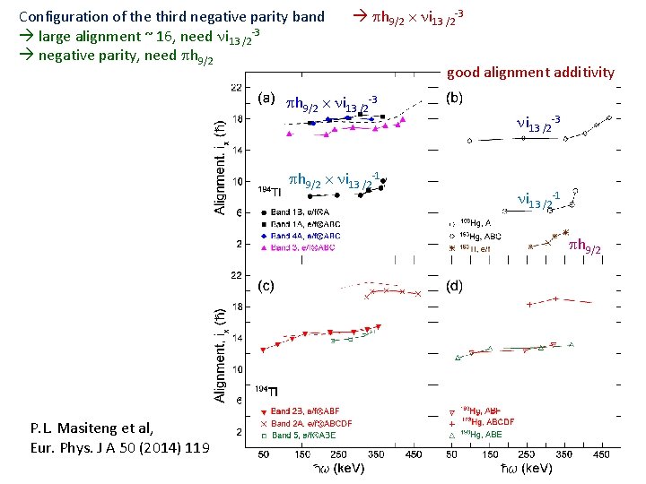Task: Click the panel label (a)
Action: coord(266,98)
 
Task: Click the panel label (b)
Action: coord(455,98)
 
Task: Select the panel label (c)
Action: coord(266,286)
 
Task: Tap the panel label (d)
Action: coord(455,286)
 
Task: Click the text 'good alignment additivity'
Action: coord(530,73)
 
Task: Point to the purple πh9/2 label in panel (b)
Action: coord(585,245)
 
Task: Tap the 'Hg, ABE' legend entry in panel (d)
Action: coord(485,434)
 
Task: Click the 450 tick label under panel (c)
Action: coord(412,454)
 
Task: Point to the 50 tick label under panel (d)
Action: coord(454,454)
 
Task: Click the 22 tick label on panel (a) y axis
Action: coord(235,87)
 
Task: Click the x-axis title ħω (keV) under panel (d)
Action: coord(526,469)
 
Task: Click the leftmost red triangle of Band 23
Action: coord(263,350)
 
